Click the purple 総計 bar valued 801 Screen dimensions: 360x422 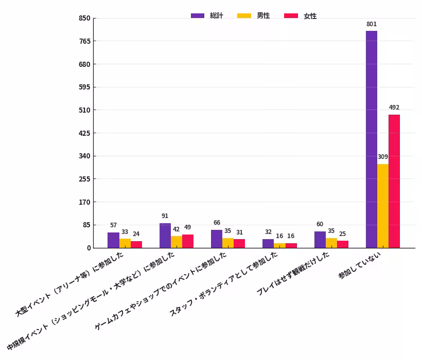coord(371,139)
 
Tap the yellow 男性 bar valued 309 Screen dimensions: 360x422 coord(382,206)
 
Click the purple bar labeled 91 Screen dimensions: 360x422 coord(165,236)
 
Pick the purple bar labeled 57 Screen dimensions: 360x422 coord(113,240)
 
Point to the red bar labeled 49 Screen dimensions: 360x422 coord(187,241)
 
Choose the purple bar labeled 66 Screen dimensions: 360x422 coord(216,239)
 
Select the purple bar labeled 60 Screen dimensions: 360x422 coord(320,240)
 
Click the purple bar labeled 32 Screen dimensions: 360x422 coord(268,244)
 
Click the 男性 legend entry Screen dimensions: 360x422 coord(253,16)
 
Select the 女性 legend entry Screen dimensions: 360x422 coord(301,16)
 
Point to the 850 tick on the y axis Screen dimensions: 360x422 coord(84,19)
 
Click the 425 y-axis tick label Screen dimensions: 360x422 coord(84,133)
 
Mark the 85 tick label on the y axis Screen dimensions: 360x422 coord(86,225)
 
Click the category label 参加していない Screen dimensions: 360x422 coord(360,265)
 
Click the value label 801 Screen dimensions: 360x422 coord(371,24)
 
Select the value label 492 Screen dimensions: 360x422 coord(394,107)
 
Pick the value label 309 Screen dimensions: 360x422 coord(382,157)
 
